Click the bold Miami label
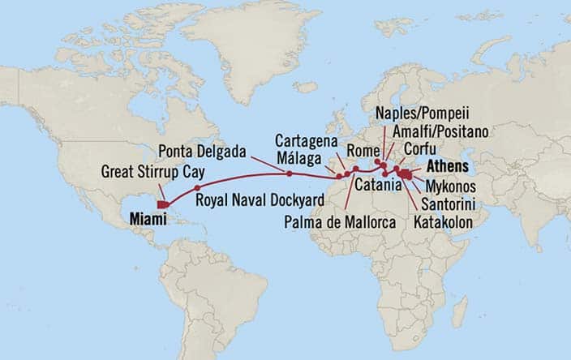coord(147,217)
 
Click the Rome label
coord(360,151)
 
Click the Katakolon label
coord(449,220)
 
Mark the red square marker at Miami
coord(163,204)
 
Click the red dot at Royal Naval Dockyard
coord(197,187)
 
